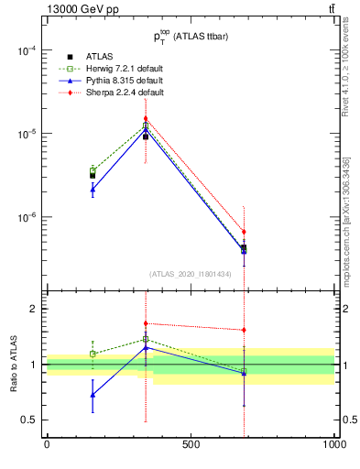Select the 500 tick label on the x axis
tap(191, 445)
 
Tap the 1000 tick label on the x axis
tap(334, 445)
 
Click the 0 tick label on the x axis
tap(47, 445)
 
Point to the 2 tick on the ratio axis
tap(32, 310)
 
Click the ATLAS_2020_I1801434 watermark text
tap(190, 274)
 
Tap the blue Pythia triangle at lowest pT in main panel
tap(93, 190)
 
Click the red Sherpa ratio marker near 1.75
tap(145, 323)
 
